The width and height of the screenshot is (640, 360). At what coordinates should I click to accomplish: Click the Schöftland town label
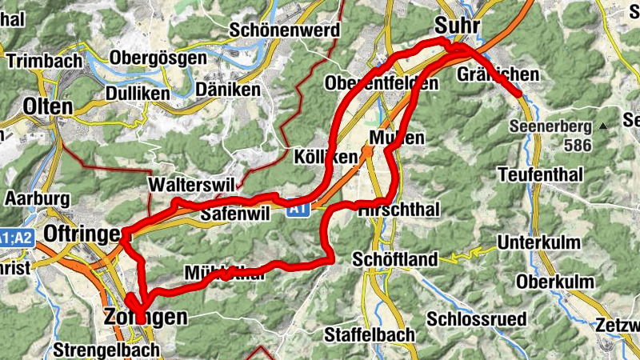396,258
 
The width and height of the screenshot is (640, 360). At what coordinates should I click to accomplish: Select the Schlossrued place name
477,318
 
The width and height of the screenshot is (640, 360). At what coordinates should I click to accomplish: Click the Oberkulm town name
555,282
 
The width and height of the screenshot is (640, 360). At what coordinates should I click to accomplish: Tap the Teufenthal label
536,174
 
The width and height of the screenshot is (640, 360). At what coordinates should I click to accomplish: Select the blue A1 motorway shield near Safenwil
298,209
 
